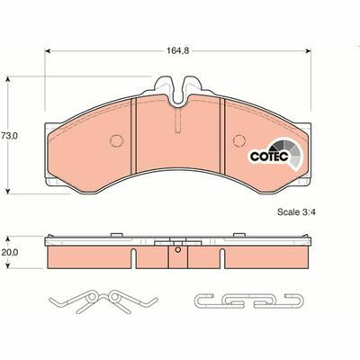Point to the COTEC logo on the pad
(x=268, y=155)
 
